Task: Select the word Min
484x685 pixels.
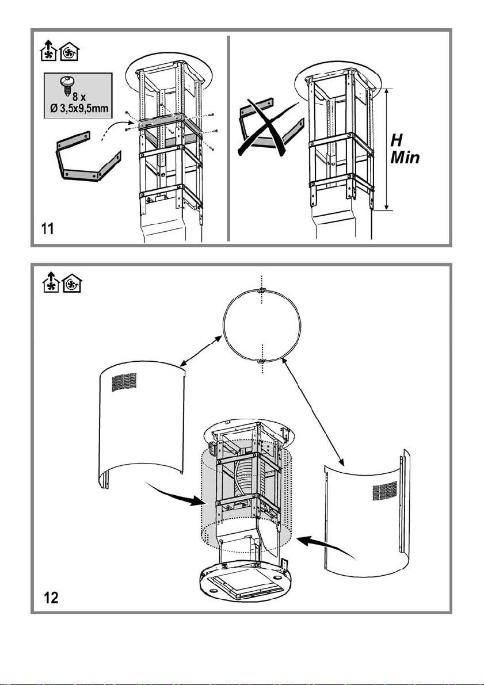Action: click(406, 158)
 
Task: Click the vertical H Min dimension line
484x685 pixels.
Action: click(387, 150)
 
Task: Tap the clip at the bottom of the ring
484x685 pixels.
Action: click(261, 361)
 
